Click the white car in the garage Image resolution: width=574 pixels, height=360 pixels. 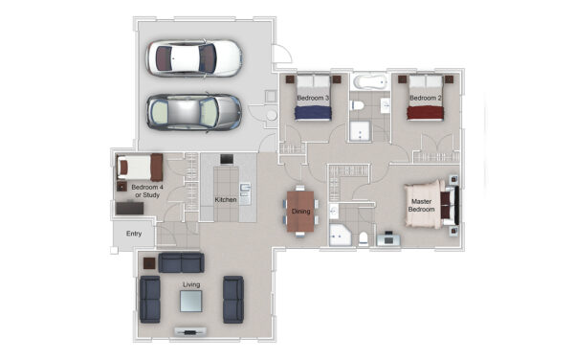pos(194,58)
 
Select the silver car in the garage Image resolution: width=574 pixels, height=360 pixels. pos(194,112)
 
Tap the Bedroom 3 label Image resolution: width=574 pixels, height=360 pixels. pos(313,98)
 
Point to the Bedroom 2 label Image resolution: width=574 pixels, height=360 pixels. pos(426,98)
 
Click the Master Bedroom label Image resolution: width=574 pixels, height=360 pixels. pos(421,205)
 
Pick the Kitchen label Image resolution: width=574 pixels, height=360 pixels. pos(226,199)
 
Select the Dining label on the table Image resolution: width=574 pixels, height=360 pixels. pos(301,212)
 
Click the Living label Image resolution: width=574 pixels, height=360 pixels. pos(191,284)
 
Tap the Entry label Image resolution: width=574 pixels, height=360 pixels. pos(134,234)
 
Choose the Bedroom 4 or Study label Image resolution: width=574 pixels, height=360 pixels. pos(147,191)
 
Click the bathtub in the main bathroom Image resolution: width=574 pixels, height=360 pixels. pos(370,82)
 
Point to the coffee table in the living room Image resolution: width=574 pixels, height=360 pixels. pos(190,301)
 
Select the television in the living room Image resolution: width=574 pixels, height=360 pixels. pos(190,332)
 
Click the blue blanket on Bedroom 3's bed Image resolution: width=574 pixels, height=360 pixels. pos(313,113)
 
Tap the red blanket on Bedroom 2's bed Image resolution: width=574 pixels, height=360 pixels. pos(426,113)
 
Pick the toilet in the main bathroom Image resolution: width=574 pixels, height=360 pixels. pos(357,105)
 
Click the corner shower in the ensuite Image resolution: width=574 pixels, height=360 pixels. pos(340,236)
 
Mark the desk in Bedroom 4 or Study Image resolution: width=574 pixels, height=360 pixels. pos(129,209)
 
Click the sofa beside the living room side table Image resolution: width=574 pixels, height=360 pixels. pos(181,262)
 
